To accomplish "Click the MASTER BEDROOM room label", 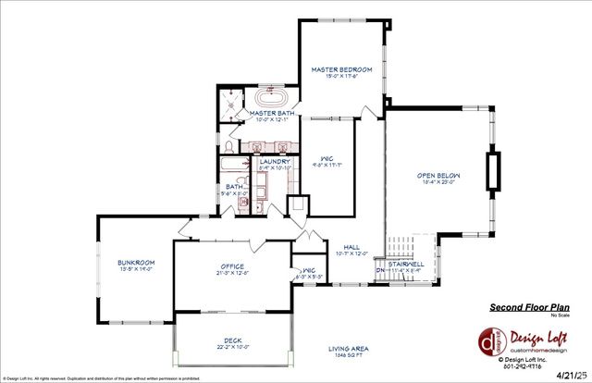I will (x=341, y=69).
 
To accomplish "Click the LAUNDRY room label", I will (x=276, y=162).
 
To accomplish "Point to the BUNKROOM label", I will (x=134, y=264).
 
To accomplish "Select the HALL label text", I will (x=351, y=247).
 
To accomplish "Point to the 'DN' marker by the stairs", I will (x=379, y=270).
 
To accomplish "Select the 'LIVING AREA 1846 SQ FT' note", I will (x=349, y=352).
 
